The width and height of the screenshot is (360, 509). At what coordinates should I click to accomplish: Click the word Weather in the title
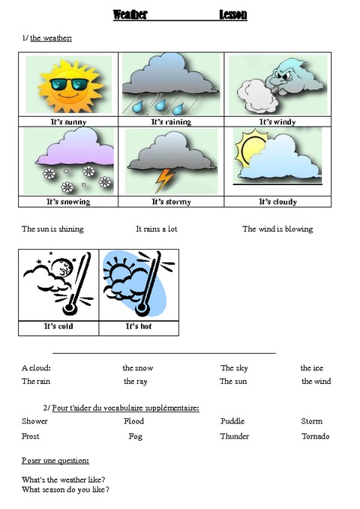130,15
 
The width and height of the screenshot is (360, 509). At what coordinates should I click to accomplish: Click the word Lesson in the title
233,15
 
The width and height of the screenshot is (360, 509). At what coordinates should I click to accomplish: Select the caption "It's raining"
171,121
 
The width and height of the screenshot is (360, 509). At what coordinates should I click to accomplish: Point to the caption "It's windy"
277,121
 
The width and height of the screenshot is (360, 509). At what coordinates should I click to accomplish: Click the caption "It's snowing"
67,202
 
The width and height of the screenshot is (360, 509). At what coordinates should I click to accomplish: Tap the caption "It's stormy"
171,202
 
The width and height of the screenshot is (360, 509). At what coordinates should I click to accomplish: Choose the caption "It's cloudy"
277,202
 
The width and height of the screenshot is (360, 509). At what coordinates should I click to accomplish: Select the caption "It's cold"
58,327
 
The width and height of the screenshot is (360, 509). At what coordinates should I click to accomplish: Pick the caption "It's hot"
139,327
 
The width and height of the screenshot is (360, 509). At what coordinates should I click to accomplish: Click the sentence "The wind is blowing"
277,229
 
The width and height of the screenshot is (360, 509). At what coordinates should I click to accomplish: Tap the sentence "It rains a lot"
156,229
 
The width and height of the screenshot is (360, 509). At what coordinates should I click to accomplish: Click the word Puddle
232,421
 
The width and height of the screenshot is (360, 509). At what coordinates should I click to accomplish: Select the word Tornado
316,436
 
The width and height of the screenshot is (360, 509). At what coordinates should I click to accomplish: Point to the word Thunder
234,436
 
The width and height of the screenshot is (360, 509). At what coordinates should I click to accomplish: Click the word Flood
133,421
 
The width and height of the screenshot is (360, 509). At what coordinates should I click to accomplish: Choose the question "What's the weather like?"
64,480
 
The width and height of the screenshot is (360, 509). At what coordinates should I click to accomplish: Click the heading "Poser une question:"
56,460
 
